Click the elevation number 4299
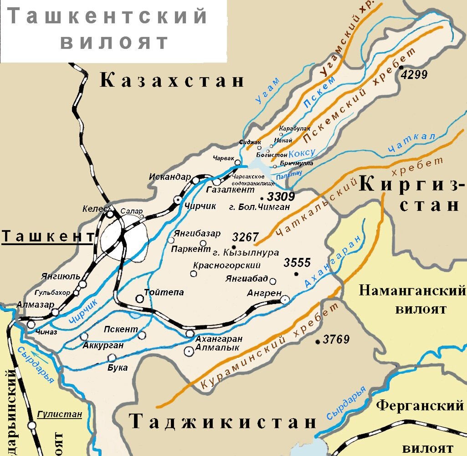[415, 75]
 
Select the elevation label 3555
[297, 263]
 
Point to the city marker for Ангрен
[285, 299]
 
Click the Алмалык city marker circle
[188, 351]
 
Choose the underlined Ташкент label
[48, 236]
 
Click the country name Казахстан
[172, 81]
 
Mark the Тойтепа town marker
[140, 299]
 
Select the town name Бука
[117, 368]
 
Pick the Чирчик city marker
[178, 200]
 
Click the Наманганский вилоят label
[413, 299]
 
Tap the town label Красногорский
[226, 265]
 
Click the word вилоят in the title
[114, 42]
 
